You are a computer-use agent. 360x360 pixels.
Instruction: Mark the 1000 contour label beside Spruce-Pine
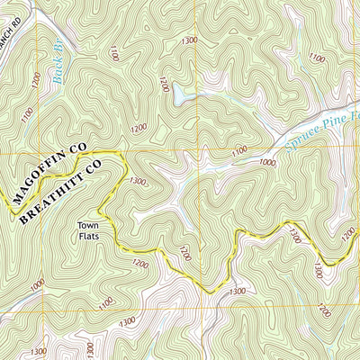click(267, 162)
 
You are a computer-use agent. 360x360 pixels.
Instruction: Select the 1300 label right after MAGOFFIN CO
click(137, 181)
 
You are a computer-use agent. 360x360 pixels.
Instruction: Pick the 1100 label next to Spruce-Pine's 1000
click(238, 148)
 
